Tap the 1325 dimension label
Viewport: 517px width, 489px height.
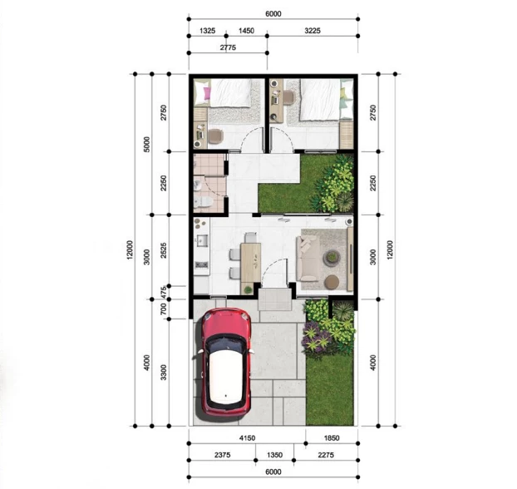208,31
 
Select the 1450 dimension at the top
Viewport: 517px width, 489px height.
246,31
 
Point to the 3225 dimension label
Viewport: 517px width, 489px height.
313,31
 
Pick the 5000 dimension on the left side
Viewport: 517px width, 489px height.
146,143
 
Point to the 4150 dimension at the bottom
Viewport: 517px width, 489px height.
246,437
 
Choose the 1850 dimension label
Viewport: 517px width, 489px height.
330,437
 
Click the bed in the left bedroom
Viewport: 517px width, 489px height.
229,92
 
